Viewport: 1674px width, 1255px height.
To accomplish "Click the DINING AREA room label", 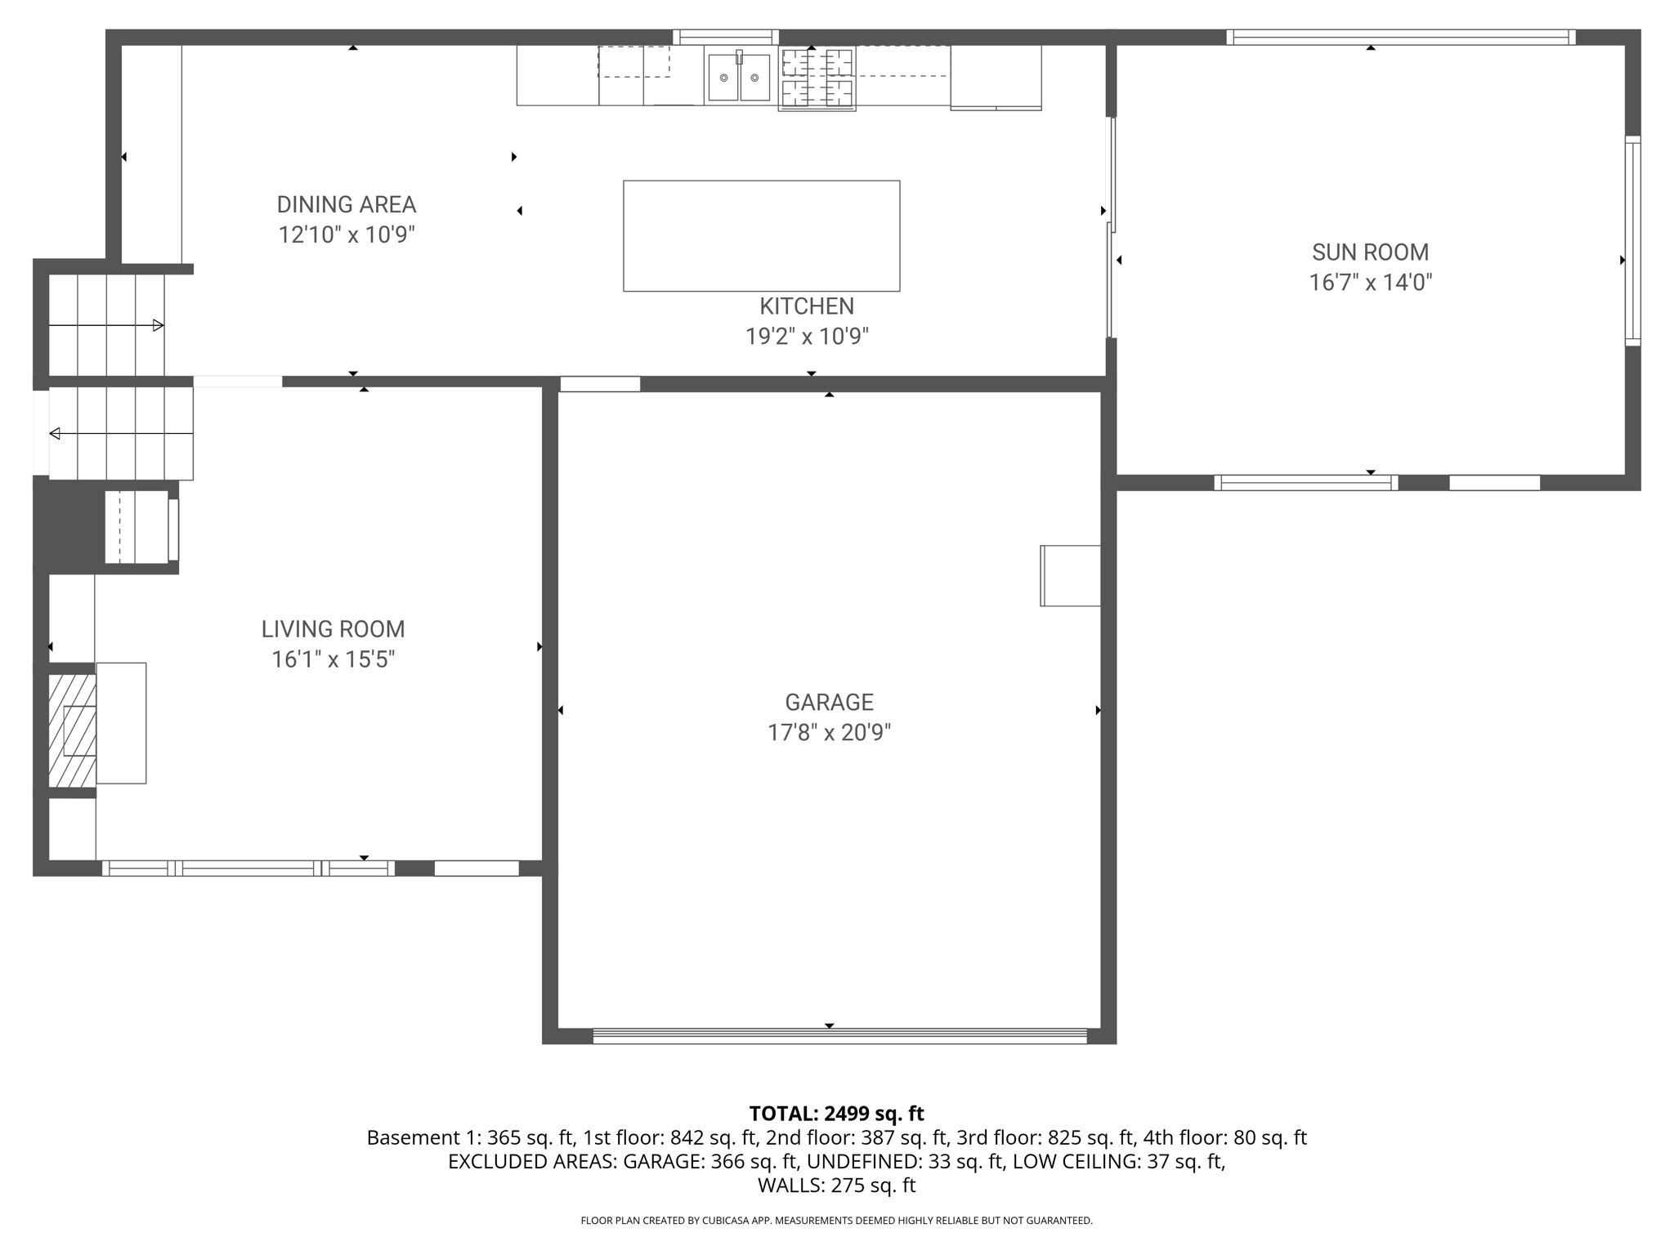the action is (x=347, y=204).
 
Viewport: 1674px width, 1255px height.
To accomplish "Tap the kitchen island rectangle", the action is (x=762, y=236).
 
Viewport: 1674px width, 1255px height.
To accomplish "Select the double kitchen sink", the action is (x=739, y=77).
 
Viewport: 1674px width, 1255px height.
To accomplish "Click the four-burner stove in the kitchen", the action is (x=817, y=78).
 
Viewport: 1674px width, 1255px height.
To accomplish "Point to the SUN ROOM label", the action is (x=1371, y=252).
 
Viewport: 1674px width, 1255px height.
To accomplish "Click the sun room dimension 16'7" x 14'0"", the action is (x=1371, y=283).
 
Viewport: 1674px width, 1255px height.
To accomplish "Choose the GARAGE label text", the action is (x=829, y=702).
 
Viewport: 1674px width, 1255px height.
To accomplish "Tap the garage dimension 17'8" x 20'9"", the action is (x=829, y=733).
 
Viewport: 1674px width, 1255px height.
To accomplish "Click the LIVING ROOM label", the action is (x=333, y=629).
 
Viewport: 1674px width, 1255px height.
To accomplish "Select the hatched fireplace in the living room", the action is (x=72, y=730).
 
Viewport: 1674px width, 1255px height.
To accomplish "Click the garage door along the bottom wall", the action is (x=839, y=1036).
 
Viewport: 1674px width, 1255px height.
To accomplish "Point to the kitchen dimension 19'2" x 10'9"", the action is (x=807, y=337).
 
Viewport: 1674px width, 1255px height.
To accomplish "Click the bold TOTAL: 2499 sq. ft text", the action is (x=836, y=1114).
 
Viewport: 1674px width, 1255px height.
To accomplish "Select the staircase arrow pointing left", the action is (x=121, y=433).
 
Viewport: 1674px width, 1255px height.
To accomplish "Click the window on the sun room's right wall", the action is (x=1632, y=241).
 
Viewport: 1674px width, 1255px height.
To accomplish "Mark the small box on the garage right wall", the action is (x=1070, y=576).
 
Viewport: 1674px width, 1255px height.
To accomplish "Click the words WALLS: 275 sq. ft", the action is (x=836, y=1186).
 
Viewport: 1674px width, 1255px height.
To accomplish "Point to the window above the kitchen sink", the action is (x=726, y=37).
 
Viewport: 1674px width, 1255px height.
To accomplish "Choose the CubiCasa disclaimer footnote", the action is (x=836, y=1221).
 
